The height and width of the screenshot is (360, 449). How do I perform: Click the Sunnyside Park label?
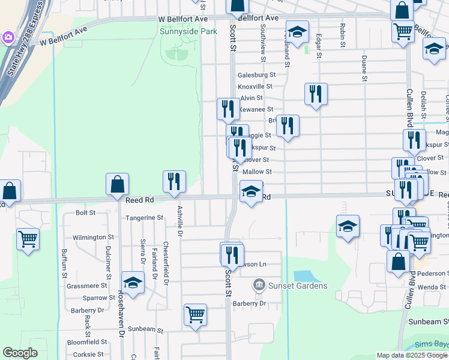click(188, 31)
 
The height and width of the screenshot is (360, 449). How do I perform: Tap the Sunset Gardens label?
click(298, 286)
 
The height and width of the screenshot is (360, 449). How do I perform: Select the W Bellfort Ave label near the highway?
click(64, 36)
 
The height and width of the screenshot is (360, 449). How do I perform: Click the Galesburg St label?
click(256, 75)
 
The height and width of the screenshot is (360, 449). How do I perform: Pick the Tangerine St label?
click(143, 218)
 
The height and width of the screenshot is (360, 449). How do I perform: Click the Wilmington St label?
click(93, 238)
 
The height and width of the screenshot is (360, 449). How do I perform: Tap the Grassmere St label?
click(87, 286)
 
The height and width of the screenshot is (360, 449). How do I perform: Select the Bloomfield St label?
click(86, 342)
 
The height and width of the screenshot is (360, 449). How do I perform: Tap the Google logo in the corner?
click(20, 353)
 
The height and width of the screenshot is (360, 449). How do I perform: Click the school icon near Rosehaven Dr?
click(133, 282)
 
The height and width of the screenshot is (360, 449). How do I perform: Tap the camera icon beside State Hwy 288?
click(8, 38)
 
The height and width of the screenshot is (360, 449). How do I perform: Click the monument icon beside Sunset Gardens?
click(259, 283)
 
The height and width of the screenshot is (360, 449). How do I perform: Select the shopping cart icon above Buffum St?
click(28, 238)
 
